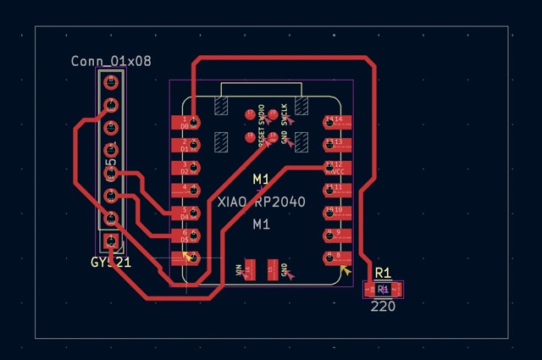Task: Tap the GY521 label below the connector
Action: pos(111,263)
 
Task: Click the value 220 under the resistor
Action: pos(383,306)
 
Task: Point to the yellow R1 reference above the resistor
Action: pos(383,273)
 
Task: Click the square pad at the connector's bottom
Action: pos(110,241)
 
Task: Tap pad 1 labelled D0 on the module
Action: pos(186,122)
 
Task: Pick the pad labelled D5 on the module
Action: pos(186,235)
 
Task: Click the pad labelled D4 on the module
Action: pos(186,212)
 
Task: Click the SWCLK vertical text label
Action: pos(285,114)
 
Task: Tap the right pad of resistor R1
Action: pos(396,290)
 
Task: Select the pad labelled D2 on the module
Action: pos(186,167)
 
